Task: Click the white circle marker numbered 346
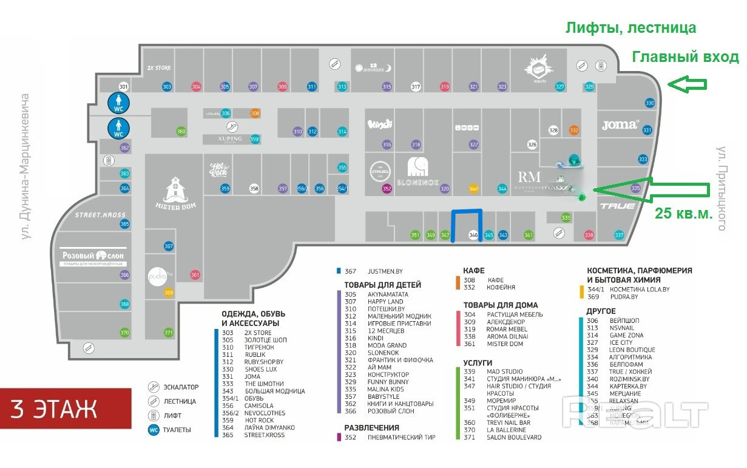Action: pyautogui.click(x=474, y=235)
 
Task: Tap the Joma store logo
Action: pyautogui.click(x=620, y=125)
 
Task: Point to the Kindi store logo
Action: pyautogui.click(x=380, y=124)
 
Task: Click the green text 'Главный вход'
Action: pyautogui.click(x=685, y=57)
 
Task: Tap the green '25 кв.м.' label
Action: pyautogui.click(x=683, y=214)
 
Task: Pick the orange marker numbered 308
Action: pyautogui.click(x=255, y=114)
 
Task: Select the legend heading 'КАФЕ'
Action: pyautogui.click(x=473, y=271)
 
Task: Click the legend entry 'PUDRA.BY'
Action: pyautogui.click(x=624, y=297)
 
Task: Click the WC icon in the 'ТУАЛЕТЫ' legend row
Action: pyautogui.click(x=154, y=430)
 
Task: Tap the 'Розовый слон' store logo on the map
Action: pyautogui.click(x=93, y=256)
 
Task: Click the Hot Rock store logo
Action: pyautogui.click(x=218, y=170)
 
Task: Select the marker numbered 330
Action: pyautogui.click(x=650, y=103)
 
